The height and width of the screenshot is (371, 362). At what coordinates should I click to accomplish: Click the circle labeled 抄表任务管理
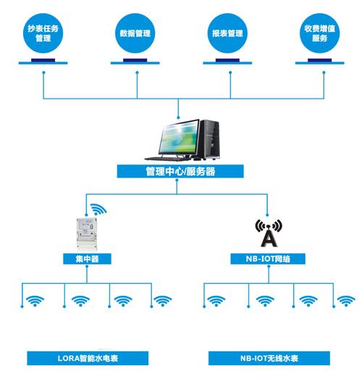[44, 33]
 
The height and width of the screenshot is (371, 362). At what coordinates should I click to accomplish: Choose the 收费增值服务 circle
[319, 33]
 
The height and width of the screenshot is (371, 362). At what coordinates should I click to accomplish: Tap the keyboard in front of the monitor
[168, 157]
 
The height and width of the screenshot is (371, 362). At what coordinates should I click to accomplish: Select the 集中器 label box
[86, 258]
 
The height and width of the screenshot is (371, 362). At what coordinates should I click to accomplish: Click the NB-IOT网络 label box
[269, 258]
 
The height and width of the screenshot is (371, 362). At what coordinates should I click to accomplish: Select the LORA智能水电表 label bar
[87, 358]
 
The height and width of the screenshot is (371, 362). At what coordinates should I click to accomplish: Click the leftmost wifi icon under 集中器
[33, 300]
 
